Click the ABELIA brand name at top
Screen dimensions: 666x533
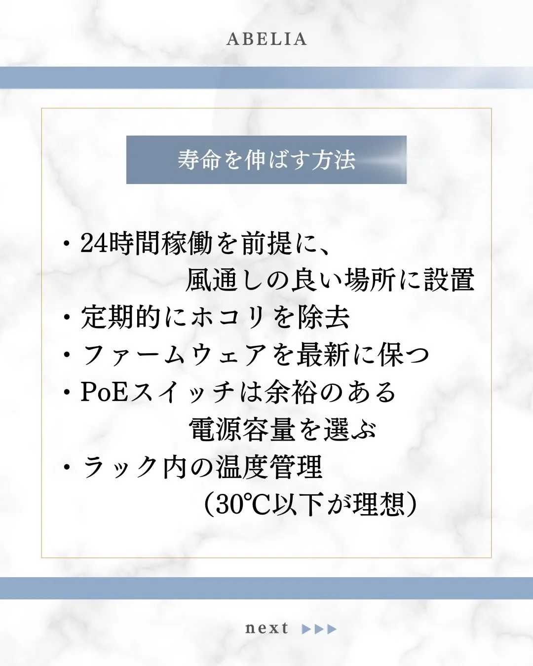point(266,39)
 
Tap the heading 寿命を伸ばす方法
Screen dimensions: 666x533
point(266,160)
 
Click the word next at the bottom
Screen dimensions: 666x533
point(266,628)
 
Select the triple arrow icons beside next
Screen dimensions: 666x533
point(319,629)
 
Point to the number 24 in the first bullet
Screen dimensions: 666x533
point(94,243)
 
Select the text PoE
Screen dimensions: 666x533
point(104,392)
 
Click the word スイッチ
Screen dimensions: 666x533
point(182,392)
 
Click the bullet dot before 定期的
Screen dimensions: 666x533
point(67,318)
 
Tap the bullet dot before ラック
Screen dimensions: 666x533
point(67,468)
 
